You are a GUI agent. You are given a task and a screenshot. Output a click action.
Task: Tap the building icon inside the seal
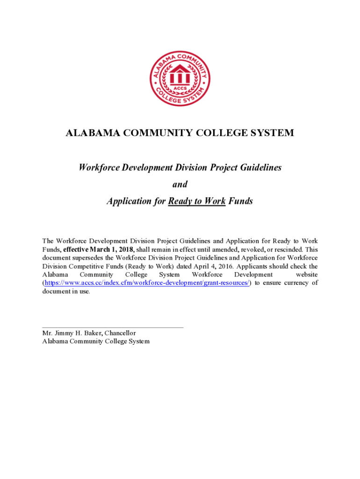point(180,75)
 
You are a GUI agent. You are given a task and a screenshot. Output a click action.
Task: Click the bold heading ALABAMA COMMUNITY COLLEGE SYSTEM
point(180,133)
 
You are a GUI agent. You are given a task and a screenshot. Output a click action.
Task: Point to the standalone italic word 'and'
point(180,184)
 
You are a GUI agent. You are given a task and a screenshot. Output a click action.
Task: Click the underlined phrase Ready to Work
point(197,201)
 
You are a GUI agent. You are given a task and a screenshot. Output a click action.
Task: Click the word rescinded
point(290,250)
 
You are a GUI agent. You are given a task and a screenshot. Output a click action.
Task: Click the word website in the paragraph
point(307,275)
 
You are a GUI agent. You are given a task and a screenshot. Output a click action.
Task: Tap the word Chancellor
point(120,333)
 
